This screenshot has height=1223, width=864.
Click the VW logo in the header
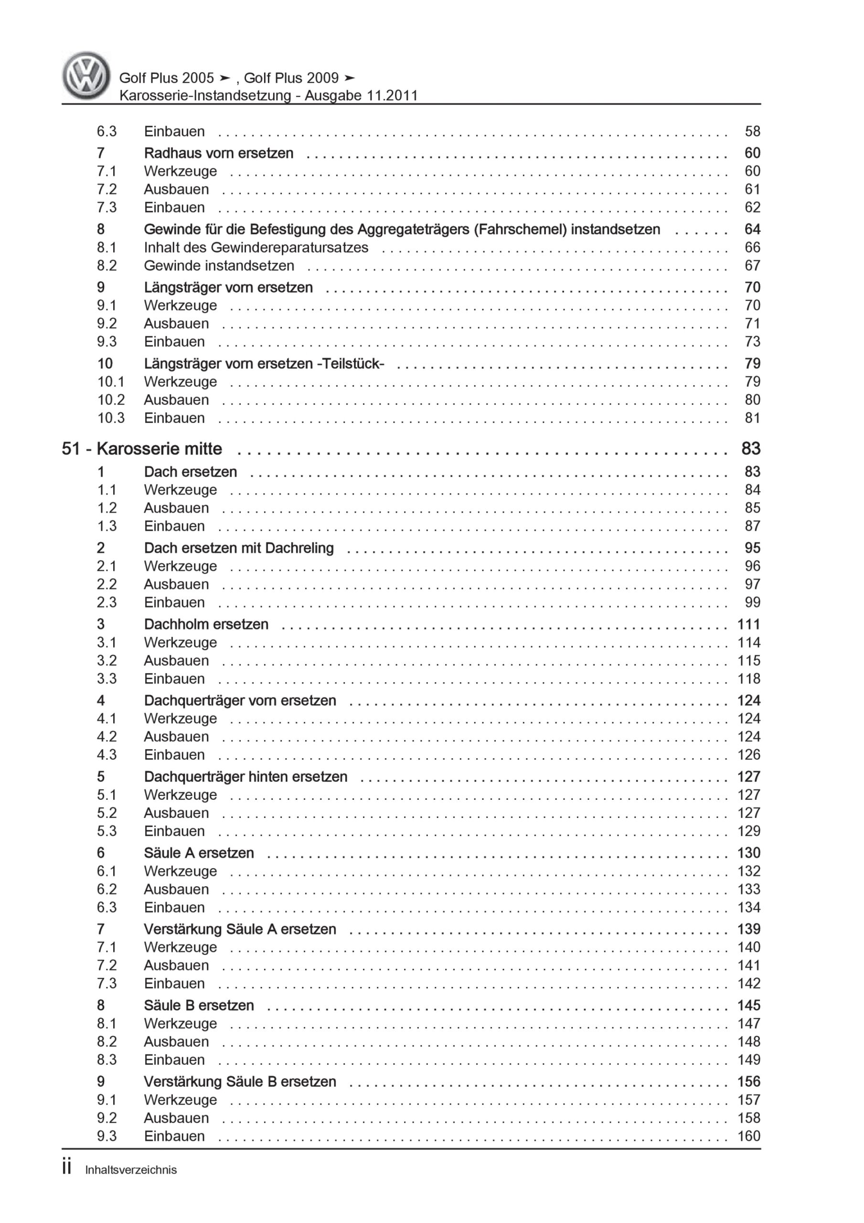pos(86,75)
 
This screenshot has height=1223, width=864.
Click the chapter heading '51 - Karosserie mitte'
pos(142,449)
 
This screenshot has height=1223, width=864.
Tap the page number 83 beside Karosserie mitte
pos(750,449)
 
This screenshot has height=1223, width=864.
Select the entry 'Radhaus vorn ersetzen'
pos(218,153)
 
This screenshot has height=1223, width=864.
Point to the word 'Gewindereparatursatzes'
pos(290,247)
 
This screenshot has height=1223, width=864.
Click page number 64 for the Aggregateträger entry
pos(752,230)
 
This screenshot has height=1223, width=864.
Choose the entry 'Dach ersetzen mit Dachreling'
pos(239,548)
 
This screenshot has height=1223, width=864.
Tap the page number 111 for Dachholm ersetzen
pos(748,624)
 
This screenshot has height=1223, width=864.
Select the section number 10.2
pos(111,400)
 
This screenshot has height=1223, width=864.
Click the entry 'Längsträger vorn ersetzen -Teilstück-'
pos(264,364)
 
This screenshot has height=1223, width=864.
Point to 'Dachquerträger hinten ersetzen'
pos(245,777)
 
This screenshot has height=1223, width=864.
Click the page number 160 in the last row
pos(748,1136)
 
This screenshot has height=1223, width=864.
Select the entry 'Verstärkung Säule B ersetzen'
pos(240,1082)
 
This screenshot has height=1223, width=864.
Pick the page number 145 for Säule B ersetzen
pos(748,1006)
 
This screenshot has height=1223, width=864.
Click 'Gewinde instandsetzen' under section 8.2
pos(219,266)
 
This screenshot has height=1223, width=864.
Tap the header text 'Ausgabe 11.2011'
pos(361,96)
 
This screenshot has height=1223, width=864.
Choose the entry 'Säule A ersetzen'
pos(199,853)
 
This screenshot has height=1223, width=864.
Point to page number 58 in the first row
pos(752,131)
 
